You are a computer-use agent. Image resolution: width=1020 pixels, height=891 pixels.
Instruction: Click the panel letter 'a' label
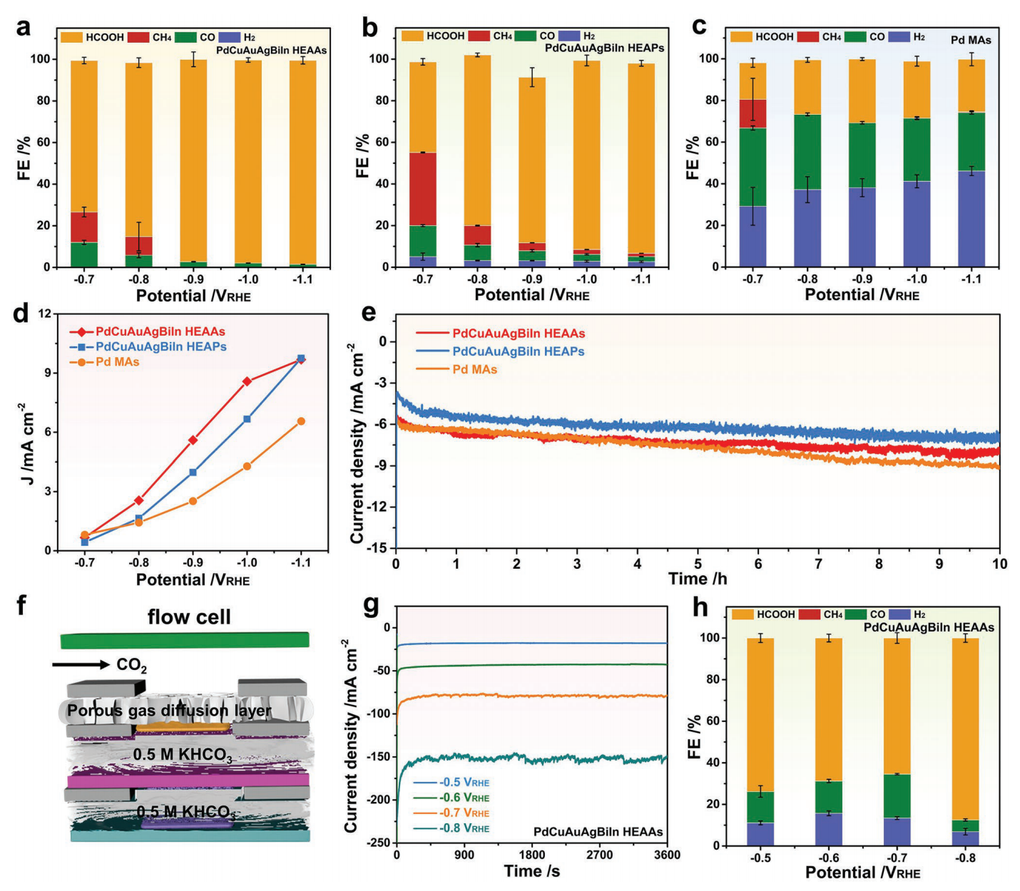tap(24, 27)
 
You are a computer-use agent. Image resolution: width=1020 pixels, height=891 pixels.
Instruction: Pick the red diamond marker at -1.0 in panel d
tap(248, 381)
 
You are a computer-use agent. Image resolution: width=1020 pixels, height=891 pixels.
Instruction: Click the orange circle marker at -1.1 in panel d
tap(301, 421)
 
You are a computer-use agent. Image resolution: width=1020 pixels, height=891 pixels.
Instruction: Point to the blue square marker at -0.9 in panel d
tap(193, 472)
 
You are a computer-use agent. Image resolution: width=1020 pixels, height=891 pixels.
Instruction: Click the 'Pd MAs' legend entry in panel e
tap(474, 369)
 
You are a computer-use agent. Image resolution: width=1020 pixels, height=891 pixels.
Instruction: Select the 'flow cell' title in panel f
tap(189, 617)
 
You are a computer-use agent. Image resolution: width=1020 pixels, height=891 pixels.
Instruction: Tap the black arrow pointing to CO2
tap(81, 665)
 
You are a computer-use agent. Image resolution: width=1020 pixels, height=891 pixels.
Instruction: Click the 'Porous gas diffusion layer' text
tap(169, 711)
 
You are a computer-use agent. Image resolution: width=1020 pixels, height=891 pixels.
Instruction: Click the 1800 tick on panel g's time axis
tap(531, 855)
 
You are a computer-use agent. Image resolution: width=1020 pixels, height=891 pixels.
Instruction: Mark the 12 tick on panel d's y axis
tap(44, 314)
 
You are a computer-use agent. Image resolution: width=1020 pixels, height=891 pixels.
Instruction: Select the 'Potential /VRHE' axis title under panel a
tap(193, 296)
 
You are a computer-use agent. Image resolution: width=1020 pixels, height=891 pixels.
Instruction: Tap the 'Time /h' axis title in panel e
tap(698, 579)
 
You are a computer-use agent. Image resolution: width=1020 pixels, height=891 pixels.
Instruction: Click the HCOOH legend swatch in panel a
tap(71, 36)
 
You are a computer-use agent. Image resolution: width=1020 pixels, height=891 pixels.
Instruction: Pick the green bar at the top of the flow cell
tap(185, 640)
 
